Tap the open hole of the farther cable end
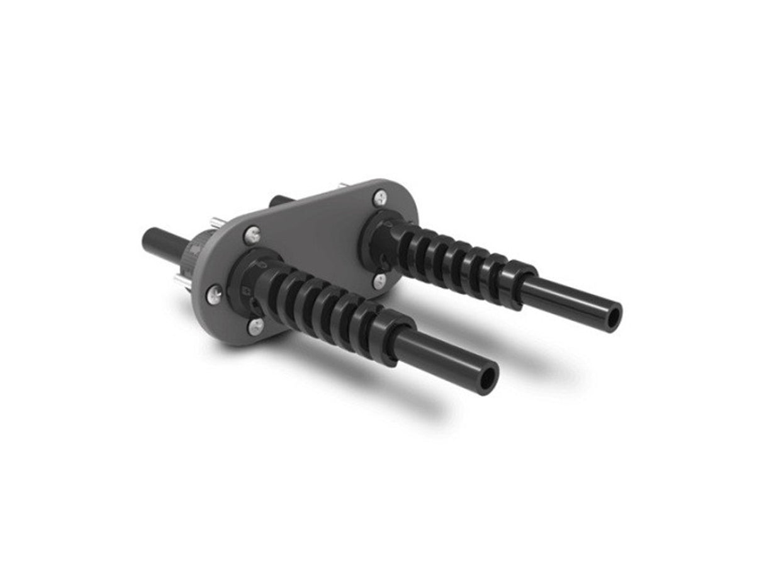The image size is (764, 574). click(612, 320)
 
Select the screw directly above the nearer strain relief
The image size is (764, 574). click(251, 234)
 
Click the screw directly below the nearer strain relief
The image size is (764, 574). click(256, 325)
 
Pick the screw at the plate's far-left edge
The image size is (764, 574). click(215, 294)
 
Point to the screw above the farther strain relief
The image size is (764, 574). click(379, 198)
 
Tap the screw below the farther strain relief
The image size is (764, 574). click(379, 280)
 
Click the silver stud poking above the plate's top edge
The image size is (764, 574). click(343, 185)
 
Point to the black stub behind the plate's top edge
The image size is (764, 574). click(281, 201)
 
